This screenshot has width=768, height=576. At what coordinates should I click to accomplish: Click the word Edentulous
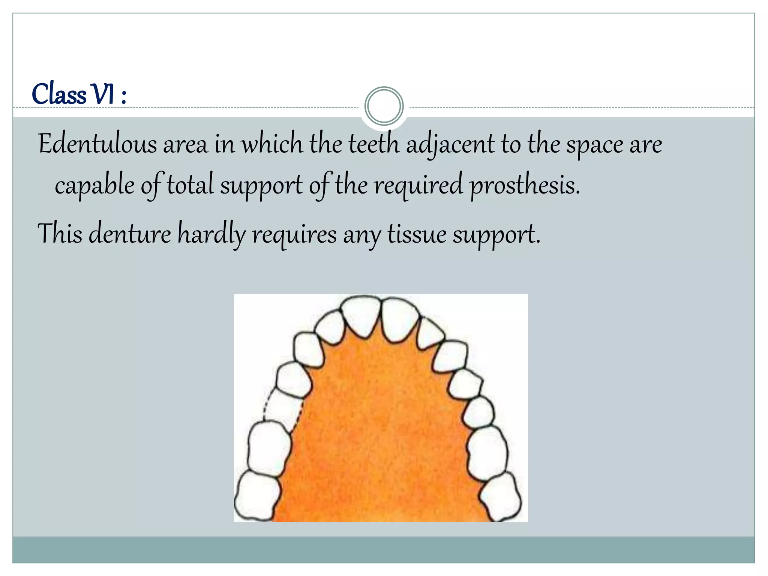(x=97, y=144)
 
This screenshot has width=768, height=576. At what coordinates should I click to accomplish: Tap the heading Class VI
(x=79, y=94)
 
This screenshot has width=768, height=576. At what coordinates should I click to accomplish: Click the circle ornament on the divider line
(x=384, y=106)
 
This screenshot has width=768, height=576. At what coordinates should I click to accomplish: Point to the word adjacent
(x=450, y=145)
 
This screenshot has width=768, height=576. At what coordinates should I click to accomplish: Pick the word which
(x=271, y=144)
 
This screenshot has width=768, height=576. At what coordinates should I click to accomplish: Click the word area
(x=185, y=145)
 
